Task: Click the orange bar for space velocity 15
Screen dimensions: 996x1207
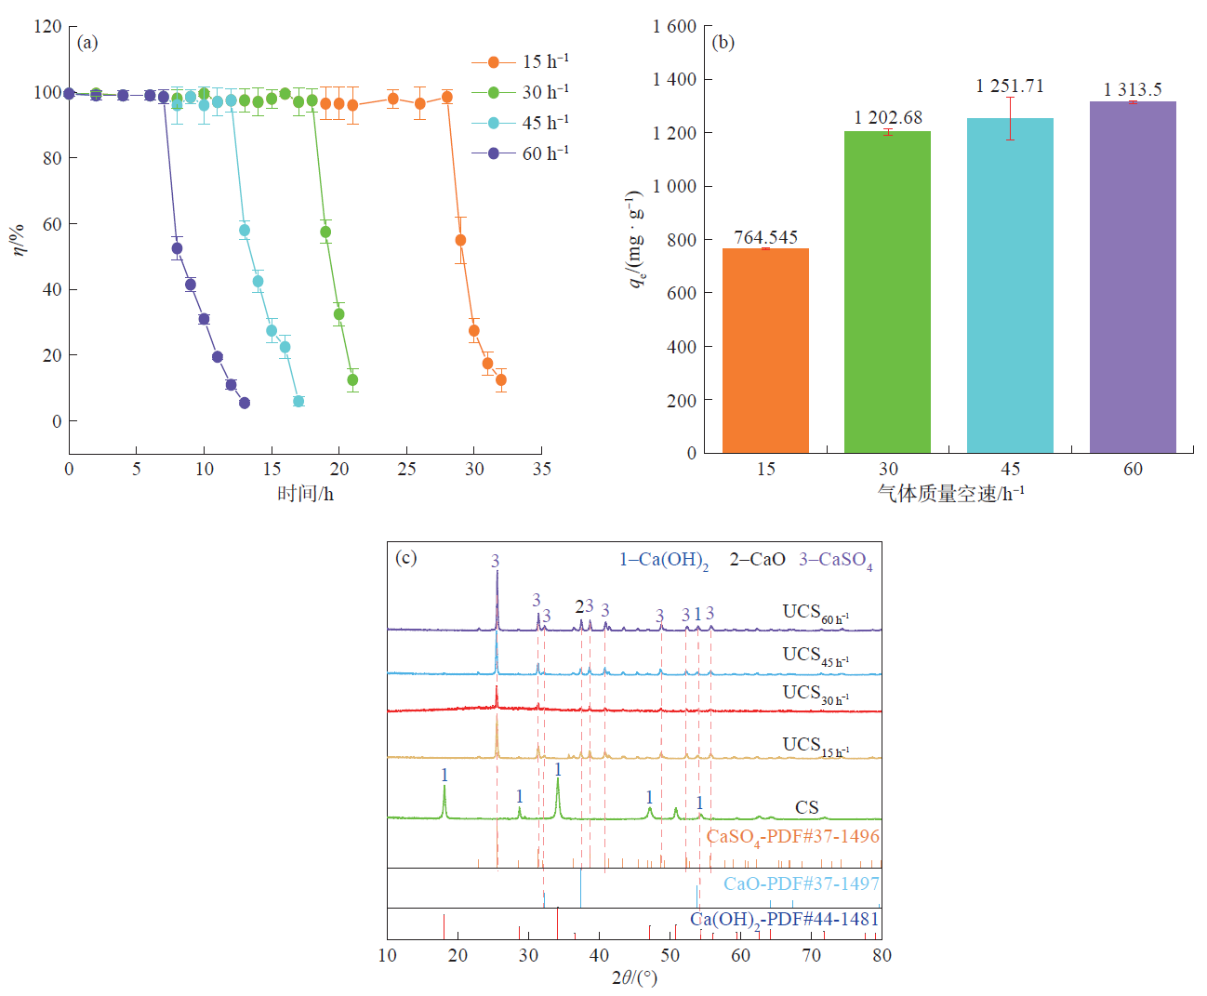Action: point(765,351)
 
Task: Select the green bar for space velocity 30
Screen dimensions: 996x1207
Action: point(887,292)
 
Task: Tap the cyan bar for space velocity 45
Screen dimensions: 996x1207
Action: point(1010,286)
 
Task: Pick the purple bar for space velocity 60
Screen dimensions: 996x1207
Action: point(1133,277)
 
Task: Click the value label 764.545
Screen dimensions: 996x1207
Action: point(765,237)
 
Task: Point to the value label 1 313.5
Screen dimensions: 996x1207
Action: point(1133,89)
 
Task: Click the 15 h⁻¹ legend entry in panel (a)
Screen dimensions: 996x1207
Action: point(521,61)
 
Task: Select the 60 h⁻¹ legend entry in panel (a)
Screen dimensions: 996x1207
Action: point(521,153)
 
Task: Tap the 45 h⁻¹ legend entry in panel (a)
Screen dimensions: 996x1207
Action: point(521,123)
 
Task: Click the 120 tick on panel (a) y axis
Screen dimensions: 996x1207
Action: point(47,26)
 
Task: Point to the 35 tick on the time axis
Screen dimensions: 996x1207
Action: point(542,469)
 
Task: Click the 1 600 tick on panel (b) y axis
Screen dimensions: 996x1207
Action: point(674,26)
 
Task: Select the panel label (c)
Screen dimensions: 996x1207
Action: point(406,558)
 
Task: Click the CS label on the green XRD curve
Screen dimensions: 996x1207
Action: point(807,807)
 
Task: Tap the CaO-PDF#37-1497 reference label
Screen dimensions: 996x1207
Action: point(801,883)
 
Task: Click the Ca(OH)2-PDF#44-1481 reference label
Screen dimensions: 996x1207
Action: point(784,919)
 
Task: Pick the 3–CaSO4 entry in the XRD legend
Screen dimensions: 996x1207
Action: point(836,560)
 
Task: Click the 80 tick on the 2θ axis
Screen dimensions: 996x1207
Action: point(882,955)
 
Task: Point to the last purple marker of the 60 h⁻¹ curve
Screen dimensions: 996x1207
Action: point(245,403)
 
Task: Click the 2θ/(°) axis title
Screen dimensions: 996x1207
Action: point(634,977)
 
